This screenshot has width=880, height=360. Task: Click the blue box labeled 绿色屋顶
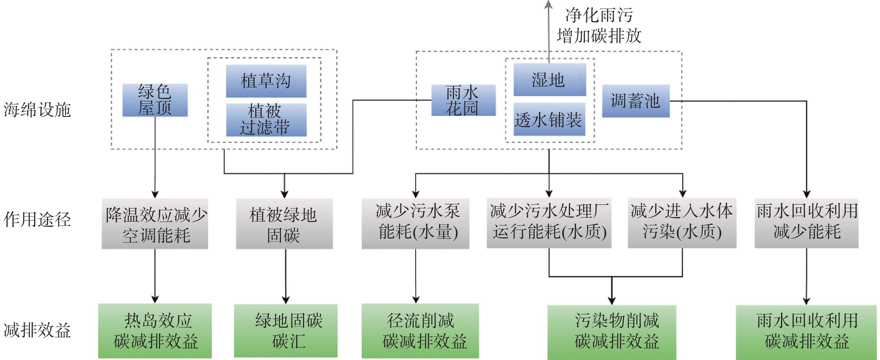click(155, 100)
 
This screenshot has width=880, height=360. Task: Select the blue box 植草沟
click(266, 81)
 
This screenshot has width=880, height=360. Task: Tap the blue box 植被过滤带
click(266, 120)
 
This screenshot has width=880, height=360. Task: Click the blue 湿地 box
click(549, 80)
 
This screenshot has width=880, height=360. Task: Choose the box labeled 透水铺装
click(549, 120)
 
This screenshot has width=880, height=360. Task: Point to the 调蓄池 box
click(635, 101)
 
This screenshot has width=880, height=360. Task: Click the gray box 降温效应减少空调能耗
click(155, 224)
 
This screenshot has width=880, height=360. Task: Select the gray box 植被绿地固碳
click(284, 224)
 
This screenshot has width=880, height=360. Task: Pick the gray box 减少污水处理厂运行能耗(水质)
click(549, 223)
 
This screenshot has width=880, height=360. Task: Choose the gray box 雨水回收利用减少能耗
click(806, 223)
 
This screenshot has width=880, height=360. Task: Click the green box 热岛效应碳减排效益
click(155, 331)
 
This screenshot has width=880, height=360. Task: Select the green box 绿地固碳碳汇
click(286, 331)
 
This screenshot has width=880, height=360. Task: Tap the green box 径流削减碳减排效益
click(420, 331)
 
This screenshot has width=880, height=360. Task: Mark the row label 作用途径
click(37, 219)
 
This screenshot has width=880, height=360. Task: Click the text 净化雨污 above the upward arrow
click(598, 15)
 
